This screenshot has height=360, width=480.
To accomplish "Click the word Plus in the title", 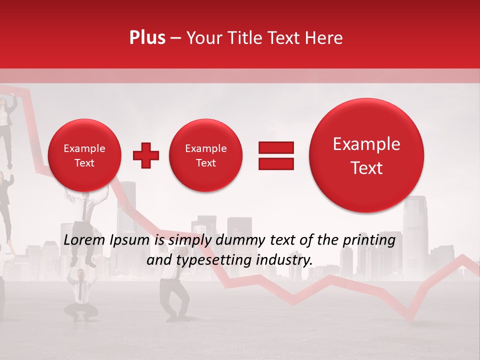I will (x=147, y=38).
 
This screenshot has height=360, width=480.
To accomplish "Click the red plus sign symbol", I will (x=146, y=155).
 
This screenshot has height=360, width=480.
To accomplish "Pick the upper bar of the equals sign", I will (x=276, y=147).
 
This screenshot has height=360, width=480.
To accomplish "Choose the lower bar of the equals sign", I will (x=276, y=163).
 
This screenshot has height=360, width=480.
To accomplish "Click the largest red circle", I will (x=366, y=155).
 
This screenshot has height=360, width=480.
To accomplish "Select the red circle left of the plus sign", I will (x=84, y=155).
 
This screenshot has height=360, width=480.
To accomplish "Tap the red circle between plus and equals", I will (x=205, y=155).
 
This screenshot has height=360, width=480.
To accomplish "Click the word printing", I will (x=369, y=240).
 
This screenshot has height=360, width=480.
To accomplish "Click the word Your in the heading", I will (x=203, y=38).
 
